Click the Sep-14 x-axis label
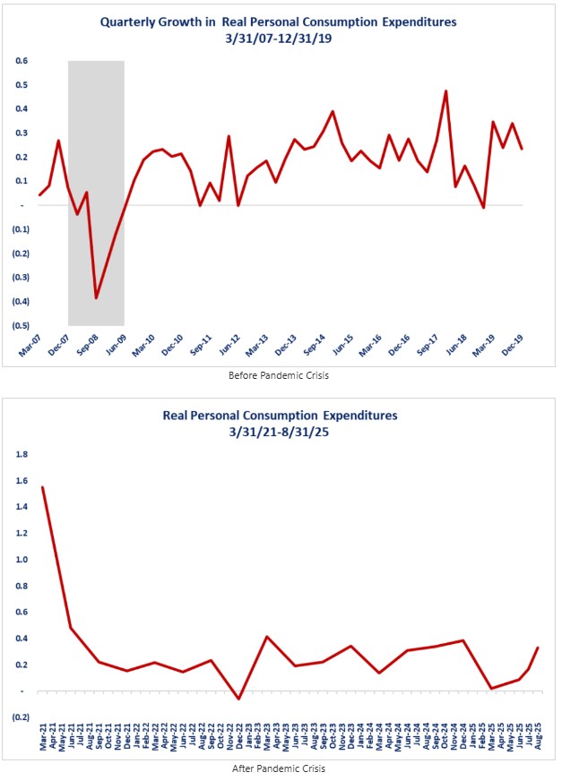[x=314, y=345]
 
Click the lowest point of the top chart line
[x=96, y=297]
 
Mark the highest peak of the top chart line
[x=445, y=90]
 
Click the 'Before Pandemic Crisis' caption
[x=280, y=375]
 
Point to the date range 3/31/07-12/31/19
[x=280, y=40]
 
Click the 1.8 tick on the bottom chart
[x=22, y=454]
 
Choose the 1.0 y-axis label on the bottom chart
[x=22, y=560]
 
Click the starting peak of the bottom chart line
[x=42, y=487]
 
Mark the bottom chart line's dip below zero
[x=238, y=699]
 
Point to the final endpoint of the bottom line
[x=538, y=648]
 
